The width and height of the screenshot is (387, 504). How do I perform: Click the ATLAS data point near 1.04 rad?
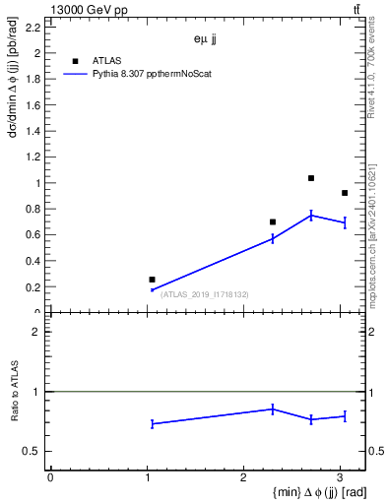click(x=152, y=280)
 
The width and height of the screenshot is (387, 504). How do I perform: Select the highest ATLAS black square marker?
click(x=311, y=178)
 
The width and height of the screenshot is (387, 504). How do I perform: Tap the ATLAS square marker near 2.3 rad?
click(x=273, y=221)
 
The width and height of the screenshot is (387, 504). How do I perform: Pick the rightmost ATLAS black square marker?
click(x=345, y=193)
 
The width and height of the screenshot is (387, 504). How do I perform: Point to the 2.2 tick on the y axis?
click(x=33, y=28)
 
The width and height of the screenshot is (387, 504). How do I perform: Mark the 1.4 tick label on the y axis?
click(x=33, y=131)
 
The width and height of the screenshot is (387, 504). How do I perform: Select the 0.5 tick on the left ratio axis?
click(x=33, y=451)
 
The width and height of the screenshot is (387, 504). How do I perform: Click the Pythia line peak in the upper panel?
click(x=311, y=215)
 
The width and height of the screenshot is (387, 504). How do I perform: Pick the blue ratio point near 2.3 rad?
click(x=273, y=409)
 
